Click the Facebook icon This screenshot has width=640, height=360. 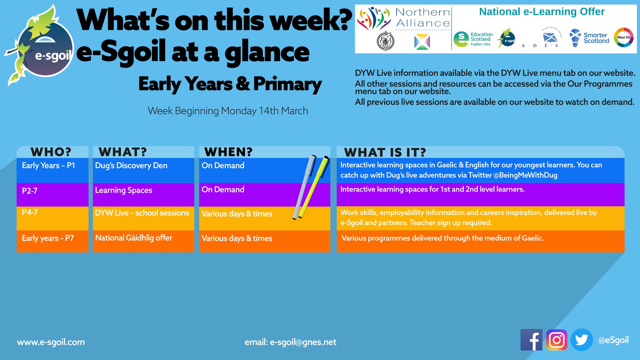[x=531, y=340]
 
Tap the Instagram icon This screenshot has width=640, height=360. [x=557, y=340]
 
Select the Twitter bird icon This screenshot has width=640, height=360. [x=582, y=340]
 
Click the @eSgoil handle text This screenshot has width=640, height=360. [x=613, y=340]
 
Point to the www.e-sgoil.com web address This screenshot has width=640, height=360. [x=51, y=342]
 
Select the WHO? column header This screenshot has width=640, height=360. [x=51, y=152]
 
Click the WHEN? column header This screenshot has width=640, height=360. [x=228, y=152]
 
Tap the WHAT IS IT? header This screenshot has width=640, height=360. [x=385, y=152]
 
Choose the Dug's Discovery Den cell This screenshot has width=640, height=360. [x=131, y=166]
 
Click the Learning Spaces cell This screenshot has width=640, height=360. [x=124, y=190]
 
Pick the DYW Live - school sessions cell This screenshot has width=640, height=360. [x=142, y=213]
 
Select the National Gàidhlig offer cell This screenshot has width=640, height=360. [x=134, y=238]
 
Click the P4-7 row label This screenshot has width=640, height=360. [x=30, y=212]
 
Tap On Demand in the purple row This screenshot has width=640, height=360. [x=223, y=190]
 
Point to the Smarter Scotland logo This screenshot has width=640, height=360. [x=589, y=38]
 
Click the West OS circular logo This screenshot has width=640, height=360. [x=623, y=37]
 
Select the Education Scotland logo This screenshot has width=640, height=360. [x=473, y=39]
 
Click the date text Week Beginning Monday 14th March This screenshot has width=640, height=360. [x=228, y=111]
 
